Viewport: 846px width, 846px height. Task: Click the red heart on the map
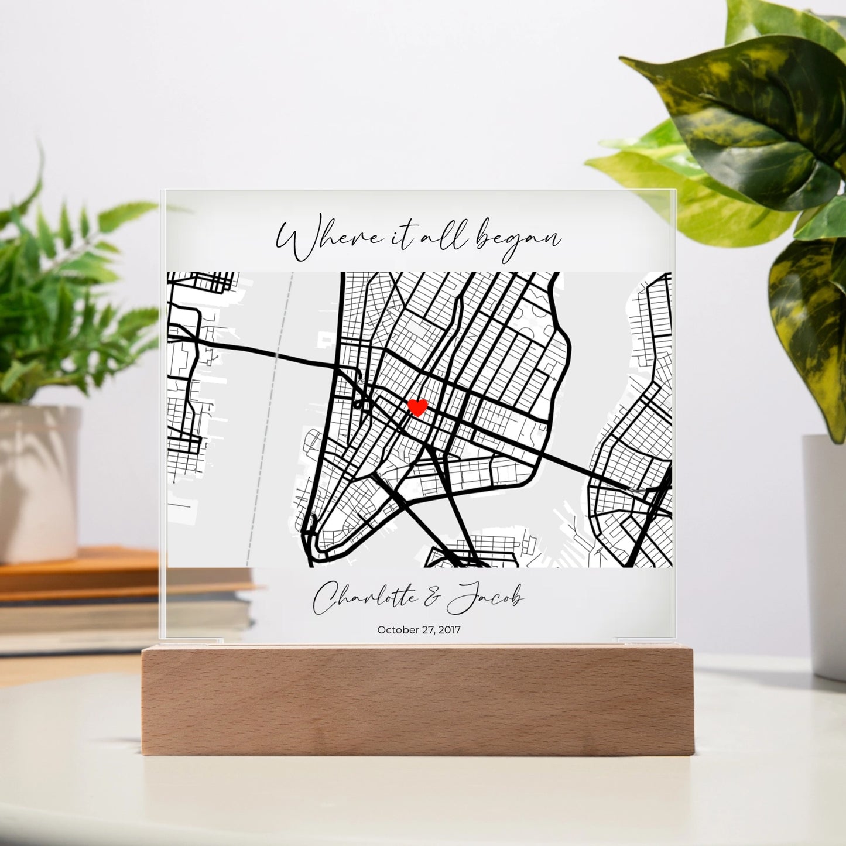point(417,407)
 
